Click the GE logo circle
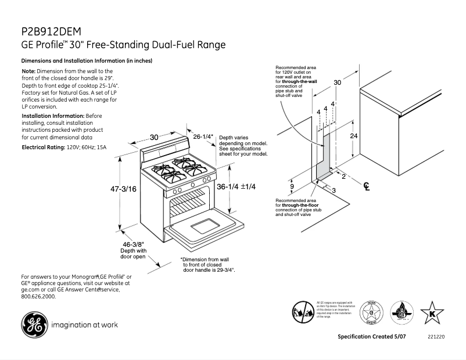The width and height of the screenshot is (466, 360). pyautogui.click(x=35, y=325)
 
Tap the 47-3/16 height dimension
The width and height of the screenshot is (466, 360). pyautogui.click(x=124, y=189)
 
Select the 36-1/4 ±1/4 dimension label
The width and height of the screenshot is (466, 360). pyautogui.click(x=236, y=187)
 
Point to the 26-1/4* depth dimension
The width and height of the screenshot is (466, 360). pyautogui.click(x=203, y=136)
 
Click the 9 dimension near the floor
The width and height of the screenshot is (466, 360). pyautogui.click(x=292, y=186)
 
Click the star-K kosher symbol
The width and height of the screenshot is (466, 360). pyautogui.click(x=431, y=314)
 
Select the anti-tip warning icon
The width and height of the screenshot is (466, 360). pyautogui.click(x=303, y=311)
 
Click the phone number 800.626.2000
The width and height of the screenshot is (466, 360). pyautogui.click(x=39, y=296)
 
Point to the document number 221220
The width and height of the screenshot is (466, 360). pyautogui.click(x=436, y=337)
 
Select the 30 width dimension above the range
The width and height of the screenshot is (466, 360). pyautogui.click(x=154, y=137)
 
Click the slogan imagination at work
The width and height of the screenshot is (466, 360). pyautogui.click(x=85, y=325)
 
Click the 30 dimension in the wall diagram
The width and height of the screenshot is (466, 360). pyautogui.click(x=338, y=83)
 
